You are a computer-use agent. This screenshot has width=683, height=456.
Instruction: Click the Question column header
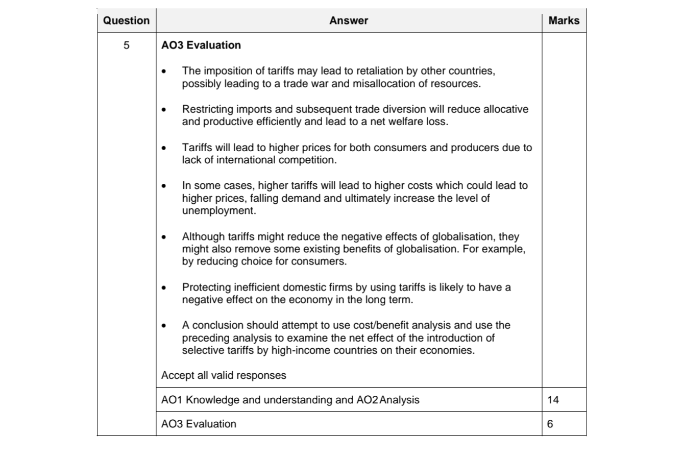coord(126,21)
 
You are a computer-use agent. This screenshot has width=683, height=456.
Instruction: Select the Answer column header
coord(349,21)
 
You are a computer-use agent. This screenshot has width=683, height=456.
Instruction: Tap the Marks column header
coord(564,21)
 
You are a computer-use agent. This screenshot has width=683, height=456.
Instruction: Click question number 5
coord(126,45)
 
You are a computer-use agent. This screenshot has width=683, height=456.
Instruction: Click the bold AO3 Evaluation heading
coord(201,45)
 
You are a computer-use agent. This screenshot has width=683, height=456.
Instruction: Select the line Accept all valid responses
coord(224,375)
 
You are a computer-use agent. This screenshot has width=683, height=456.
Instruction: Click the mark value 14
coord(553,400)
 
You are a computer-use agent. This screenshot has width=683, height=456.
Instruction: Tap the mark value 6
coord(550,424)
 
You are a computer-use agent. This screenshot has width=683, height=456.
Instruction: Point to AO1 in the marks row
coord(172,400)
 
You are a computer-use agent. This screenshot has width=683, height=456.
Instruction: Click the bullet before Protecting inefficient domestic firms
coord(163,288)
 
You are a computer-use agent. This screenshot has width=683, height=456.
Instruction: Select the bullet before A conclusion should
coord(163,326)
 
